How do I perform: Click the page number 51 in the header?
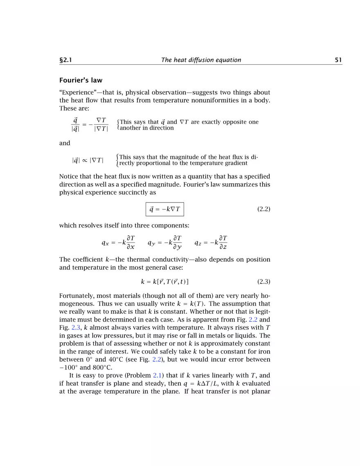[338, 60]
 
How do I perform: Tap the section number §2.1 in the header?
[66, 60]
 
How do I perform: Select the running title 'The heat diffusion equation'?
[201, 60]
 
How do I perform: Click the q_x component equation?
[118, 243]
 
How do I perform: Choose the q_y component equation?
[165, 243]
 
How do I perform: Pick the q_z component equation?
[211, 243]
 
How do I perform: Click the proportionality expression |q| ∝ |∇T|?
[88, 160]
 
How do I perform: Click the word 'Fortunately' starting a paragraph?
[76, 295]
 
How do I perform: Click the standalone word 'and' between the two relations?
[65, 143]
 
